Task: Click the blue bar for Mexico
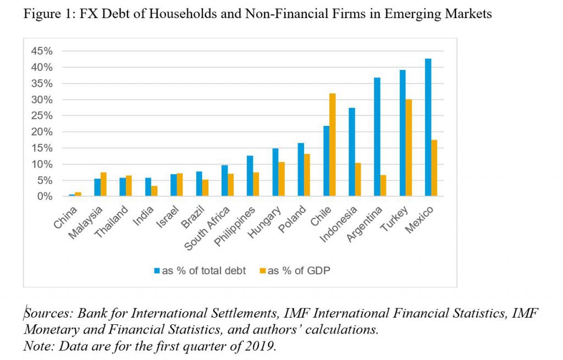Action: point(428,128)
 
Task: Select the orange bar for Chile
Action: point(332,145)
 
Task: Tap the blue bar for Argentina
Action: point(377,137)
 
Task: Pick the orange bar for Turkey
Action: point(409,148)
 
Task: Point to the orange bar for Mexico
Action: point(434,168)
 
